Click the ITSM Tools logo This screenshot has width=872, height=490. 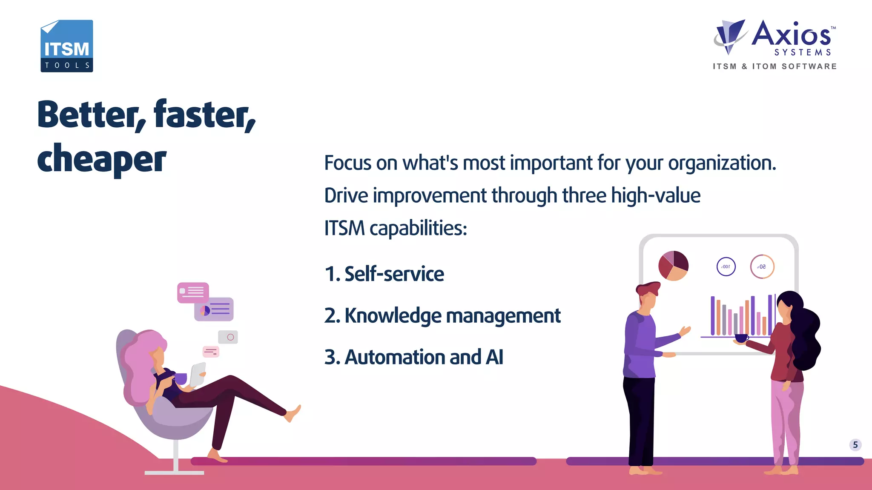pos(67,46)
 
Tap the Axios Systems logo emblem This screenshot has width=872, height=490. pos(730,36)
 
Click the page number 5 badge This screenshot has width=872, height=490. pos(855,445)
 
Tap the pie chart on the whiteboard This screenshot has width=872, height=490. pos(673,266)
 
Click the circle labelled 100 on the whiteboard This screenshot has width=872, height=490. pos(726,267)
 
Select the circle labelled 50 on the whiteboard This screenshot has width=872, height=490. pos(762,267)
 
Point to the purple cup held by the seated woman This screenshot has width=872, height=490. pos(181,378)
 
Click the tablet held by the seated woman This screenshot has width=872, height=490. pos(198,374)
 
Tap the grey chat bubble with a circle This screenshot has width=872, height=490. pos(228,337)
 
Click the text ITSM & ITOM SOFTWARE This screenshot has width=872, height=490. pos(774,66)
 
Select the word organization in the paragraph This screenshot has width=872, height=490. pos(722,163)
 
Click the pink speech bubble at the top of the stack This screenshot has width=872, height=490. pos(193,292)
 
